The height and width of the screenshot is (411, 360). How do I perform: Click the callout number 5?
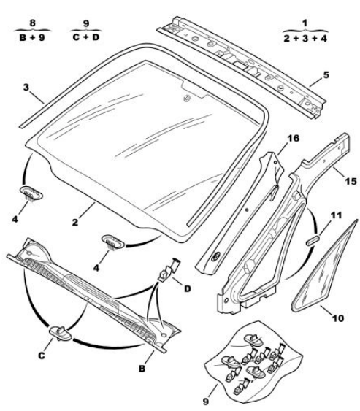[326, 75]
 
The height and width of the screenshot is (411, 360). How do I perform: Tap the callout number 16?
[293, 138]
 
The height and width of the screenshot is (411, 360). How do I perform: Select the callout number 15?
[351, 181]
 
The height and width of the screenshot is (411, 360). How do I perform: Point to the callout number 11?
[337, 215]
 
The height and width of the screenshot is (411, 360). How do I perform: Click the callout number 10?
[338, 318]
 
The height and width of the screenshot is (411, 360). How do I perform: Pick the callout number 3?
[26, 88]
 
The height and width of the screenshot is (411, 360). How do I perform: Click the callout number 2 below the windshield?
[75, 222]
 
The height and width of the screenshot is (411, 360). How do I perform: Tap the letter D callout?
[187, 289]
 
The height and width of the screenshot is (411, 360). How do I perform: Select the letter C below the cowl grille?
[42, 356]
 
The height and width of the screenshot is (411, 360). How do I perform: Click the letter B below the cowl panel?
[142, 369]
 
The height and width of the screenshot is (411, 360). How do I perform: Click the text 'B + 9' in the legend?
[32, 37]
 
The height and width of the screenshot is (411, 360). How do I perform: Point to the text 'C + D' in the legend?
[86, 37]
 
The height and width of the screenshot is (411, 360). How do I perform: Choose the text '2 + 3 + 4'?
[305, 38]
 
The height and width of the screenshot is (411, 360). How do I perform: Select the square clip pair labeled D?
[169, 269]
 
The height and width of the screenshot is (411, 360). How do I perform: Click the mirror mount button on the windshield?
[187, 99]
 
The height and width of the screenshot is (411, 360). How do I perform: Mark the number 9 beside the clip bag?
[206, 402]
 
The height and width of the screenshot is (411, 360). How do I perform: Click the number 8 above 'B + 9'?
[33, 23]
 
